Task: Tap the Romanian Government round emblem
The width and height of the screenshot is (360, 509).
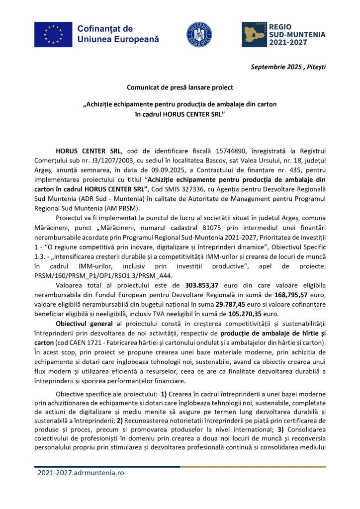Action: pyautogui.click(x=199, y=34)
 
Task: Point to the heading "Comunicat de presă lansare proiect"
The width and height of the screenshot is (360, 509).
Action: pyautogui.click(x=180, y=87)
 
